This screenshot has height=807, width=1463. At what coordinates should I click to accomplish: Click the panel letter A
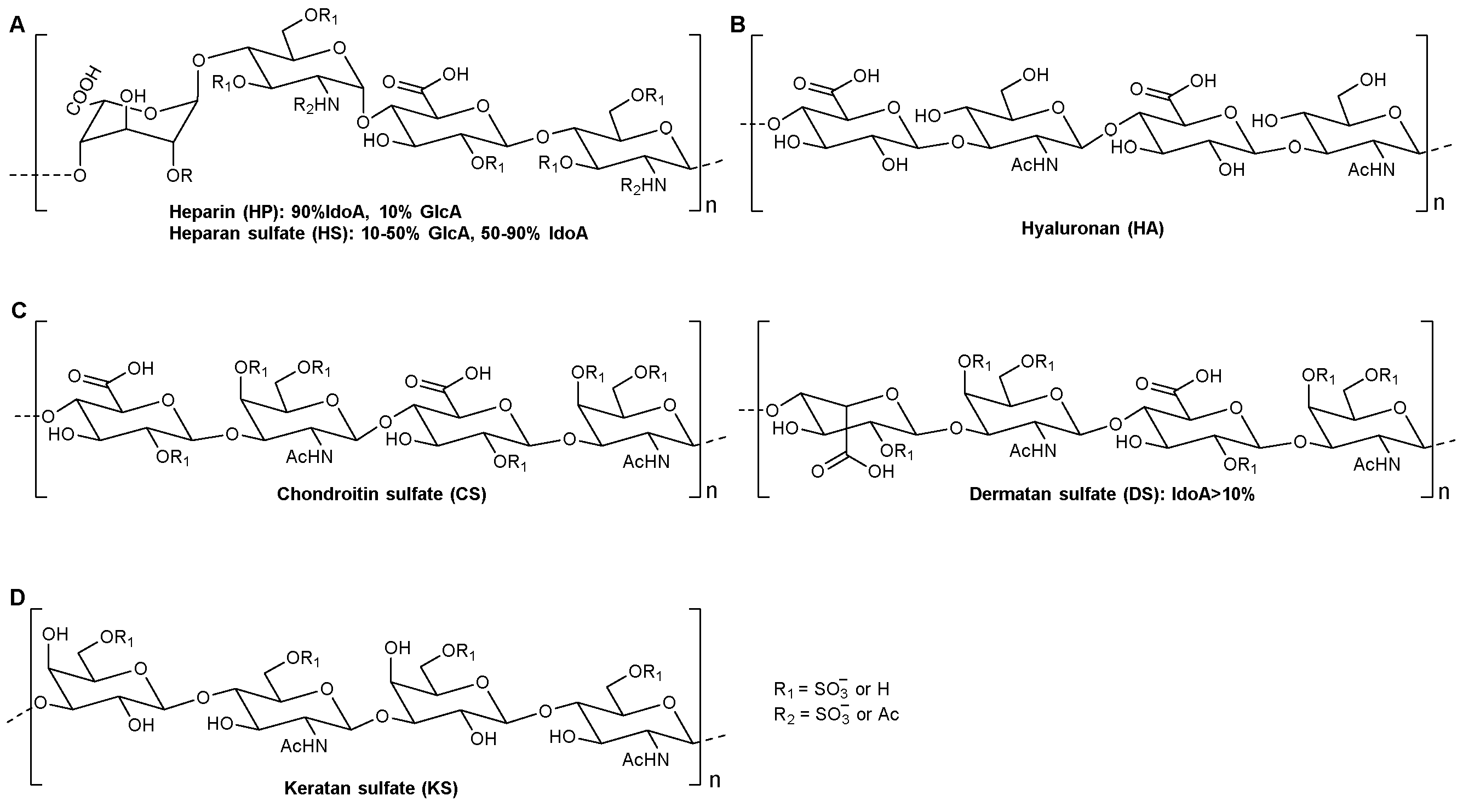pos(17,25)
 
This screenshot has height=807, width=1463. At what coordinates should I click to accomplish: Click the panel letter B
pos(737,25)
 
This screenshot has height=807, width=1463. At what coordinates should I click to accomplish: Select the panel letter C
pos(18,311)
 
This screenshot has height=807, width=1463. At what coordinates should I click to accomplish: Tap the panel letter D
pos(18,598)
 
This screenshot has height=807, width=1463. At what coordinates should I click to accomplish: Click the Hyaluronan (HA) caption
pos(1092,228)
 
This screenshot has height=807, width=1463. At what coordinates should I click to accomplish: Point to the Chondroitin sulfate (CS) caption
pos(382,494)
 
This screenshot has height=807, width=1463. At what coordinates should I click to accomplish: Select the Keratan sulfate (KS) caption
pos(370,788)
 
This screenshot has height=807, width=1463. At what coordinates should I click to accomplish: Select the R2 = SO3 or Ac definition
pos(836,714)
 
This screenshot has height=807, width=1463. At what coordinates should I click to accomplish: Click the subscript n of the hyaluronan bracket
pos(1438,203)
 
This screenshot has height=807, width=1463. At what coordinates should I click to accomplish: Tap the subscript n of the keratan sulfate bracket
pos(714,780)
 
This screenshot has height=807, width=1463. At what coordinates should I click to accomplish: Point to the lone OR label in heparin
pos(180,176)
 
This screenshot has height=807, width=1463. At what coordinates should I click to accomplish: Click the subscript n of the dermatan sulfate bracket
pos(1443,492)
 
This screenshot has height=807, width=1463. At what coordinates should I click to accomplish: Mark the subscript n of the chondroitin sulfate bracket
pos(711,491)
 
